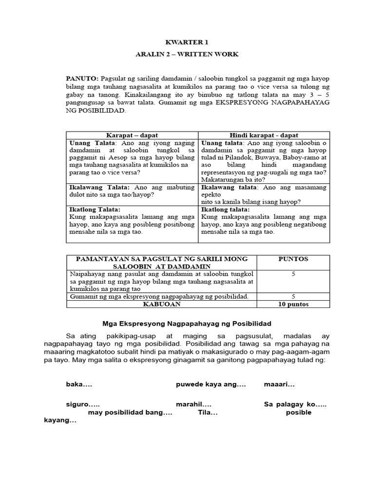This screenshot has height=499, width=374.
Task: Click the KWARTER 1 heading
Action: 187,42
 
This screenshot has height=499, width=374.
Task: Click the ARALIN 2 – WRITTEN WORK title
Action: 187,54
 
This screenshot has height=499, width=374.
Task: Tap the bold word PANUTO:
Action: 82,79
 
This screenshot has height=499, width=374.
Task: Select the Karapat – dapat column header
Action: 132,135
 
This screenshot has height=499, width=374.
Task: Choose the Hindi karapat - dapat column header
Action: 263,135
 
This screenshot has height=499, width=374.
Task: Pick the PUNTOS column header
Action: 293,259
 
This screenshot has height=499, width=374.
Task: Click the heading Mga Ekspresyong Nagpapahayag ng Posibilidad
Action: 187,324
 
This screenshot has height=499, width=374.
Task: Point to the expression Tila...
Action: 207,413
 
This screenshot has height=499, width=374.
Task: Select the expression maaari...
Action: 280,384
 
